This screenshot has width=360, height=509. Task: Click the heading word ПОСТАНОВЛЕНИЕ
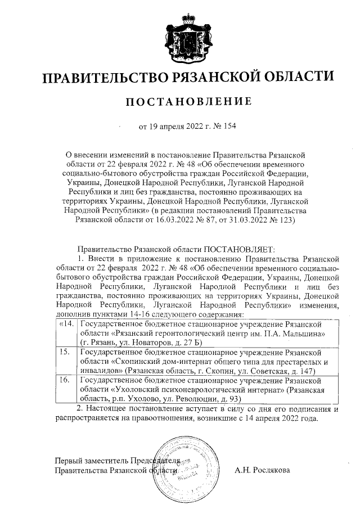pos(187,102)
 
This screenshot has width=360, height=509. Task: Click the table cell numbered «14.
pos(65,325)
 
